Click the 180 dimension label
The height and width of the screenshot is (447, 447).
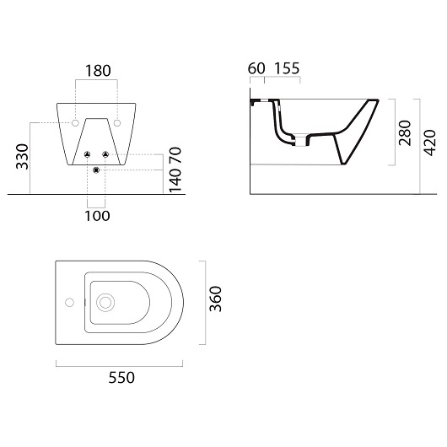(98, 71)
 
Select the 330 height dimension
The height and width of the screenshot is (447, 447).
(23, 157)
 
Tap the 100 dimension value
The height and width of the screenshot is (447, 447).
(98, 216)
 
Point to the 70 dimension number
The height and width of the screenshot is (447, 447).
(175, 155)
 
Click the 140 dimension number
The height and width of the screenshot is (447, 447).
(175, 180)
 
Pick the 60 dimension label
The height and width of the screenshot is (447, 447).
(256, 68)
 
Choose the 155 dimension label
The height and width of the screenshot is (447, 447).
(287, 68)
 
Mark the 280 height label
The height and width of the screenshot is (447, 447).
(405, 133)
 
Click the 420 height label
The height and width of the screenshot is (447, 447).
(429, 143)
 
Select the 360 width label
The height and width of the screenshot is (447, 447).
(215, 299)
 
